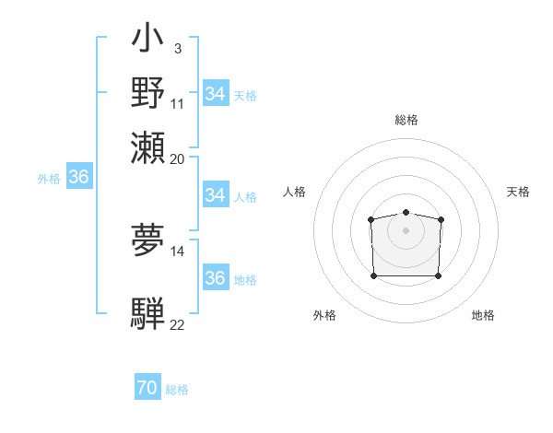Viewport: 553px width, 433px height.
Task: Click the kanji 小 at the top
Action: point(147,41)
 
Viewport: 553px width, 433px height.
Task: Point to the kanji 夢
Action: point(147,237)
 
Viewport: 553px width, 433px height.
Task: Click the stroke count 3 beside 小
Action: point(177,49)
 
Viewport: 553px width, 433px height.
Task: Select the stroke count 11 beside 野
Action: point(177,103)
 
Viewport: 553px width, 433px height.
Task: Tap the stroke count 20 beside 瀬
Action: point(178,158)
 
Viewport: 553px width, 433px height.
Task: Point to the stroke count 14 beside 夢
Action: point(178,251)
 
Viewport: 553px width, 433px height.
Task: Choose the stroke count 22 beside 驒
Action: point(178,324)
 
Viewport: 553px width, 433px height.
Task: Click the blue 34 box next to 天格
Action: point(215,94)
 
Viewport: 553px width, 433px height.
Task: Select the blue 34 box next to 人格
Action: point(215,195)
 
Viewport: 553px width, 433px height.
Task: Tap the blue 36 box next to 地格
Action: point(215,278)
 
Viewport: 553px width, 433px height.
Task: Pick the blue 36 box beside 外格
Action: point(78,178)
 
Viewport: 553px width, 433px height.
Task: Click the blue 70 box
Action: point(147,389)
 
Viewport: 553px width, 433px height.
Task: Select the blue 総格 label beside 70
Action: point(177,390)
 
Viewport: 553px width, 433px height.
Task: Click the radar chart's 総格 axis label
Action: point(406,120)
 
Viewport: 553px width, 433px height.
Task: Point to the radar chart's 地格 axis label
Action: point(483,315)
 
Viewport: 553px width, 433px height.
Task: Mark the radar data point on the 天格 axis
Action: point(441,219)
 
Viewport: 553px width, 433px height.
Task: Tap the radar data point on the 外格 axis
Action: point(373,275)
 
